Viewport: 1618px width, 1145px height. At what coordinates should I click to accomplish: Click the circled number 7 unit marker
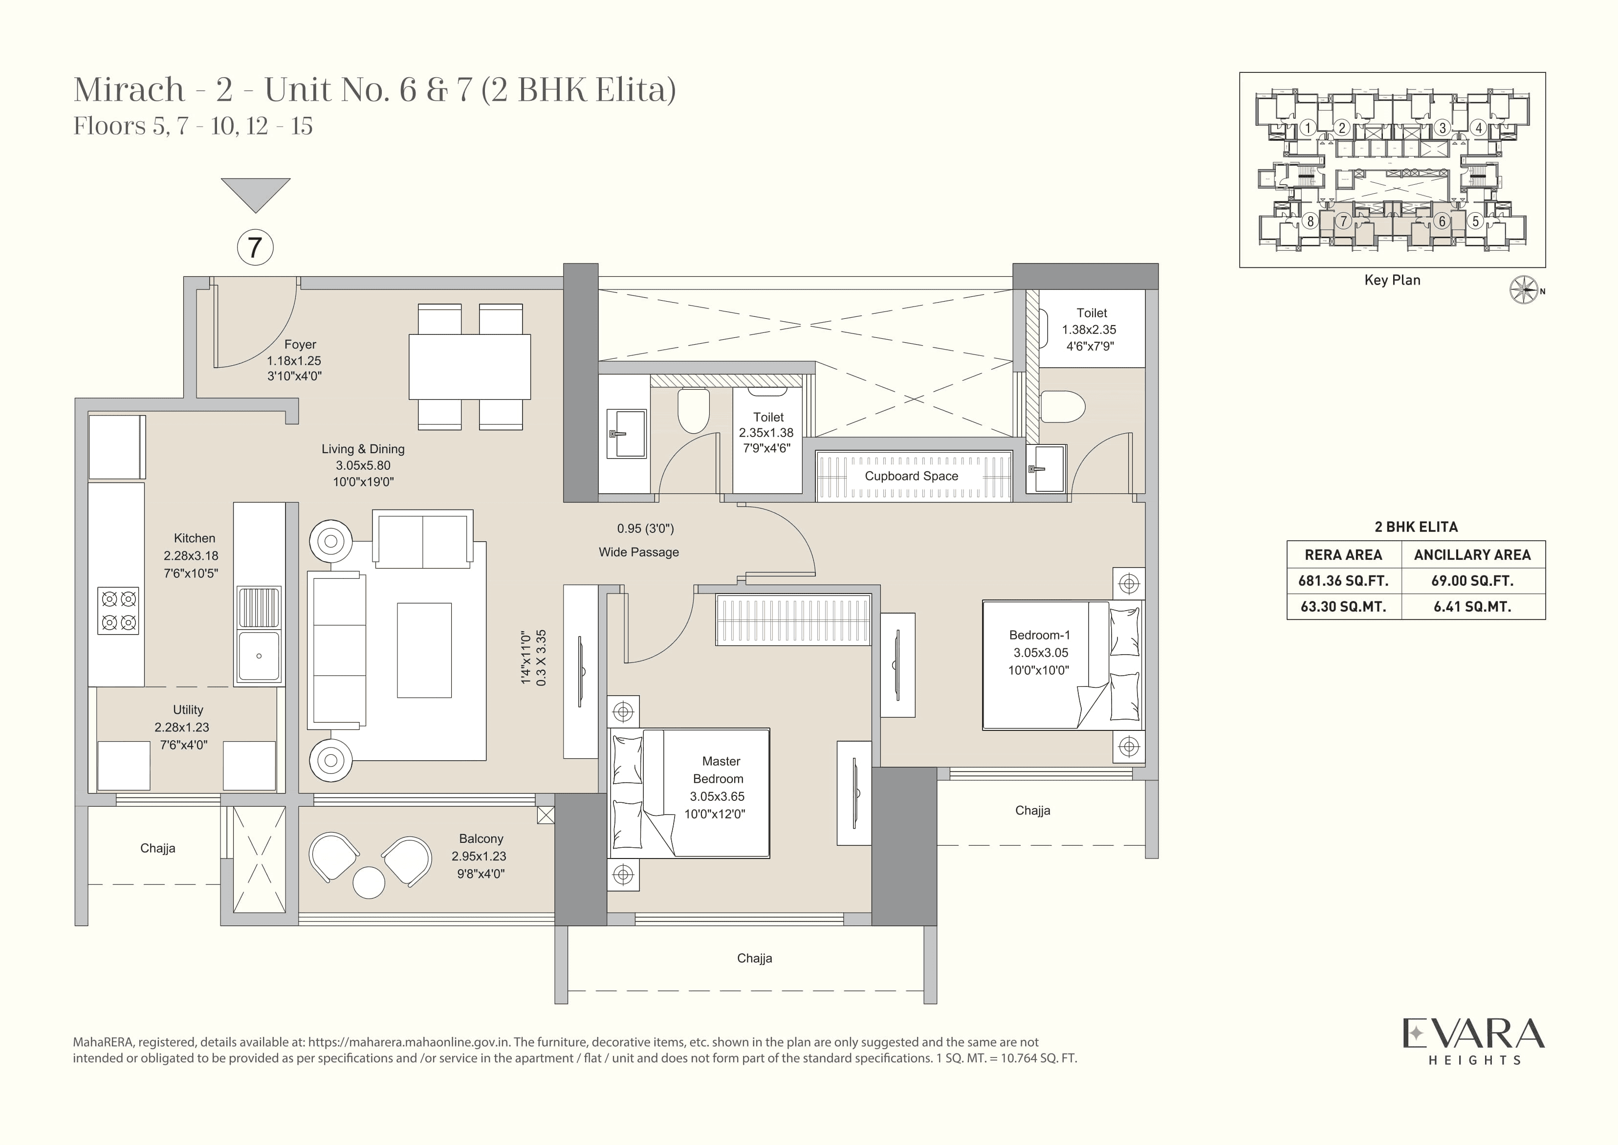(255, 247)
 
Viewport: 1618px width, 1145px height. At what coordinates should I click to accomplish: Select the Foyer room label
(300, 345)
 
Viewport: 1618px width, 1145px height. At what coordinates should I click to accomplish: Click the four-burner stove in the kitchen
(118, 611)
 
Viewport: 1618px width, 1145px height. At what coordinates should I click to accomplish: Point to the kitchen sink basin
(259, 656)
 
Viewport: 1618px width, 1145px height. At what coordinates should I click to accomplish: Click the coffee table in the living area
(424, 650)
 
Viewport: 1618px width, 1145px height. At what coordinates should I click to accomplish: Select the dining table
(470, 367)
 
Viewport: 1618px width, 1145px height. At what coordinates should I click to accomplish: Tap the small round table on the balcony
(368, 882)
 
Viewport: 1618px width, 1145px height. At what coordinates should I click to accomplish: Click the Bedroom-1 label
(1039, 635)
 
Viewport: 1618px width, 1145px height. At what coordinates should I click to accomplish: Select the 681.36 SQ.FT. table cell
(1343, 581)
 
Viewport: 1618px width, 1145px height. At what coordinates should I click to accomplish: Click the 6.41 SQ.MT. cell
(1472, 606)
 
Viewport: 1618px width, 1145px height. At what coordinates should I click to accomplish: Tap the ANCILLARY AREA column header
(1472, 555)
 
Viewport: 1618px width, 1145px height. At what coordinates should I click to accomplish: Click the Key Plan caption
(1392, 280)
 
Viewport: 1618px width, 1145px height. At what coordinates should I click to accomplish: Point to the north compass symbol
(1524, 290)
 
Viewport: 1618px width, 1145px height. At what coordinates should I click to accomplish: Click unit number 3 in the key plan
(1442, 128)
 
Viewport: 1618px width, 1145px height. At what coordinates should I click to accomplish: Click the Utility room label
(188, 710)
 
